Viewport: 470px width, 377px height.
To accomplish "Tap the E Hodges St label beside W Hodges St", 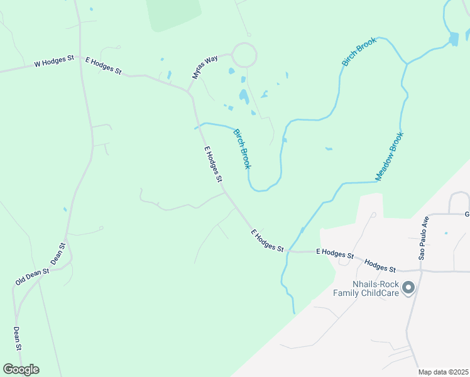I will (x=103, y=66).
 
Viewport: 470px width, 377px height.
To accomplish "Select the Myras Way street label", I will (x=204, y=67).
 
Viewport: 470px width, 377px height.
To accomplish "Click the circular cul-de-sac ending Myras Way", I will (x=244, y=55).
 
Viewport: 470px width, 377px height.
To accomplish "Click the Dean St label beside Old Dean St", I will (x=58, y=254).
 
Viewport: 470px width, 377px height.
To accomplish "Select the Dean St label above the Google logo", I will (x=18, y=339).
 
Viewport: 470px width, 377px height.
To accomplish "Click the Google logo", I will (x=21, y=369).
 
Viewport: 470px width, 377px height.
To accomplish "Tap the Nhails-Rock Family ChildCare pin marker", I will (x=408, y=288).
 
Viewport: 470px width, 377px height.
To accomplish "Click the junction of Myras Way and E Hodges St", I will (x=188, y=92).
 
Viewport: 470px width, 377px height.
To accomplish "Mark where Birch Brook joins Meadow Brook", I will (x=407, y=63).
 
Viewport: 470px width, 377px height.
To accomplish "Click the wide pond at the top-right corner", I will (x=454, y=39).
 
